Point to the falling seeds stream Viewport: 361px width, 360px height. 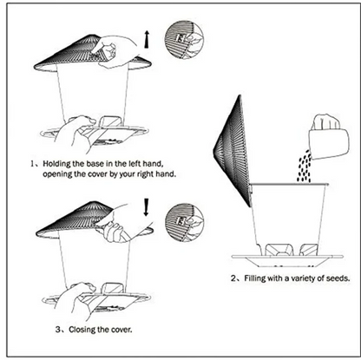coord(304,164)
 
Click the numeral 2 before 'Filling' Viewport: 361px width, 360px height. coord(233,279)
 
